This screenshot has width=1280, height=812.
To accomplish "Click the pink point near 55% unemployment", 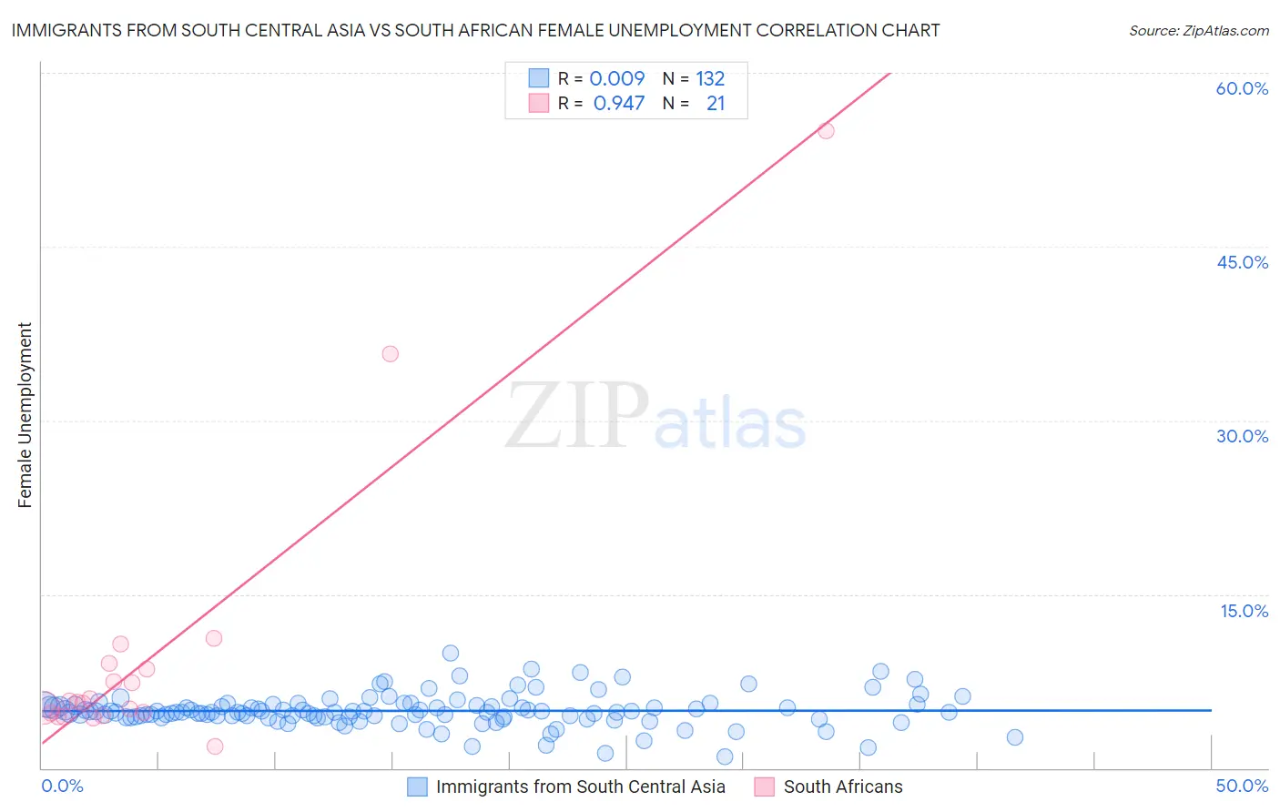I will click(x=826, y=130).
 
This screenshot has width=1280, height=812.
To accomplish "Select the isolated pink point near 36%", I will click(x=390, y=353).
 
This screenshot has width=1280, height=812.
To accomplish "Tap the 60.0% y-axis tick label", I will click(x=1242, y=88).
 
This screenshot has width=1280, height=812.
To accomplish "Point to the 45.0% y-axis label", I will click(x=1242, y=262).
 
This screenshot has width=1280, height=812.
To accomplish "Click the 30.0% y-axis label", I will click(x=1242, y=436).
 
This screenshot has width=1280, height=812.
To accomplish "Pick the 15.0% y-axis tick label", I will click(x=1244, y=611).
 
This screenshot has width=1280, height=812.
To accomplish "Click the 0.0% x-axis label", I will click(x=63, y=786).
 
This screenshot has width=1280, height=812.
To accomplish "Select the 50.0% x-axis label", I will click(x=1242, y=786).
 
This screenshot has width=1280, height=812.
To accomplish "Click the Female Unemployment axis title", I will click(x=25, y=415).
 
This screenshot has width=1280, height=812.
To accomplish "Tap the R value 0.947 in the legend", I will click(x=619, y=103).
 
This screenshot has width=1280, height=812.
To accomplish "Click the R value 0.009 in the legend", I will click(x=617, y=78).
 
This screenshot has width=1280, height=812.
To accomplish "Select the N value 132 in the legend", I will click(x=710, y=78).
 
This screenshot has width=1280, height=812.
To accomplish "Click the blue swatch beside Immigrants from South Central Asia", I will click(x=417, y=787).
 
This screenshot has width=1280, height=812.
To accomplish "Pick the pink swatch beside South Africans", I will click(x=765, y=787).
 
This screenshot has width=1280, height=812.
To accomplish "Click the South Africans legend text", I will click(x=843, y=787).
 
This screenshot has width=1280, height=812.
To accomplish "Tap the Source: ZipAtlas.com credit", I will click(x=1198, y=30).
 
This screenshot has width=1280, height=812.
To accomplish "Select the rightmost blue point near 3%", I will click(x=1014, y=737).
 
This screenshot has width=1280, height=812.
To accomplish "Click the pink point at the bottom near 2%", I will click(x=215, y=746).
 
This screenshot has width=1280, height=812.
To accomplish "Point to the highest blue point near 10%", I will click(x=450, y=653).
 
